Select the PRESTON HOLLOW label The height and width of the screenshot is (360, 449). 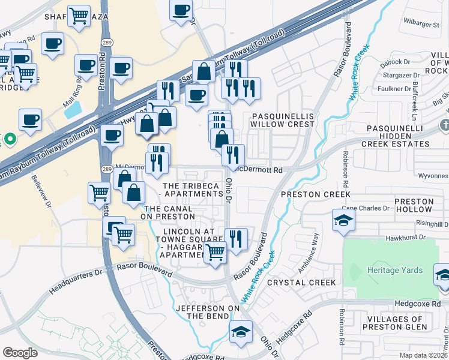point(413,205)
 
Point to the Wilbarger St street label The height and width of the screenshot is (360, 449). point(421,25)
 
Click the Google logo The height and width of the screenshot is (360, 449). point(20,352)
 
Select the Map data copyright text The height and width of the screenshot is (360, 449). point(423,355)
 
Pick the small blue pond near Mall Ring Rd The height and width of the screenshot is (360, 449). point(73,110)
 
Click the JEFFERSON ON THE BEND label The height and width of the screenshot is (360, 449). point(202,312)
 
